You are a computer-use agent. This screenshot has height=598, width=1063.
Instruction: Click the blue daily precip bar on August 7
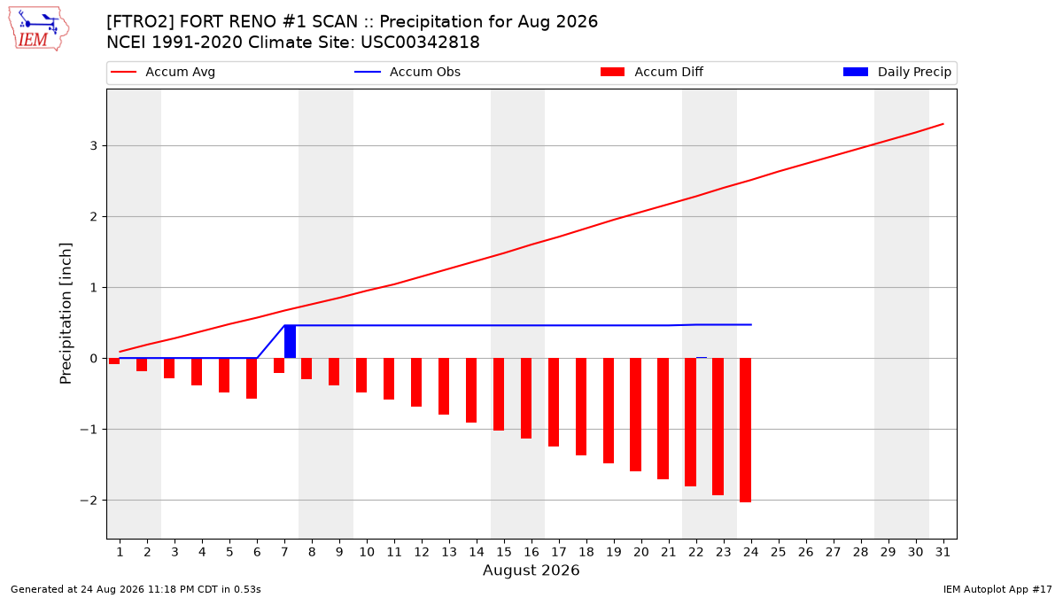[x=290, y=342]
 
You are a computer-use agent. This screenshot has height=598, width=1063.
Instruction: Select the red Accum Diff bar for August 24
[x=746, y=430]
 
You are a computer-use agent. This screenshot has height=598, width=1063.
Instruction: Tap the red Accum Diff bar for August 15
[x=499, y=394]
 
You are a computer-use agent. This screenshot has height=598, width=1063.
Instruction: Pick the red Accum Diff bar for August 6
[x=252, y=378]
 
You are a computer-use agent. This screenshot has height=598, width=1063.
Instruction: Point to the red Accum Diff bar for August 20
[x=636, y=415]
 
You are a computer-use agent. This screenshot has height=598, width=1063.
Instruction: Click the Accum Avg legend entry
[x=163, y=72]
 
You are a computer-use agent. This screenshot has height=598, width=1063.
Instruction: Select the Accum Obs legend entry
[x=407, y=72]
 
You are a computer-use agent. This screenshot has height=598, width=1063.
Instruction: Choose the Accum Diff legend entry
[x=652, y=72]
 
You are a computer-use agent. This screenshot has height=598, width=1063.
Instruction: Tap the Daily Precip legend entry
[x=897, y=72]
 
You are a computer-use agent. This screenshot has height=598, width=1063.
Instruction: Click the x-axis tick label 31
[x=943, y=552]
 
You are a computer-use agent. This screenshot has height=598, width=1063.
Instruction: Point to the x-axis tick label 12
[x=422, y=552]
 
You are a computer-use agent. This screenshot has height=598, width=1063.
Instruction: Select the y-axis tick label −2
[x=89, y=501]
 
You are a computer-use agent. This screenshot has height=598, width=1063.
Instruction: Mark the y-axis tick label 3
[x=94, y=145]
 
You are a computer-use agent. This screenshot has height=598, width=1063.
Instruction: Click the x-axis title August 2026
[x=531, y=570]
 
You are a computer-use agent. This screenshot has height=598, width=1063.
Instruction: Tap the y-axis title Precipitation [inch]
[x=66, y=314]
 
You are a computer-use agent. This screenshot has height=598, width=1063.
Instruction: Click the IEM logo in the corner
[x=38, y=29]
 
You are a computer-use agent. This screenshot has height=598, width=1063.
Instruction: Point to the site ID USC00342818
[x=420, y=43]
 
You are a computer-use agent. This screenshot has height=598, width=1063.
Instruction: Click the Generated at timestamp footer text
[x=136, y=589]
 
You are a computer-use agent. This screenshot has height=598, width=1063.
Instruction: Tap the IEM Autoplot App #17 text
[x=997, y=589]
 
